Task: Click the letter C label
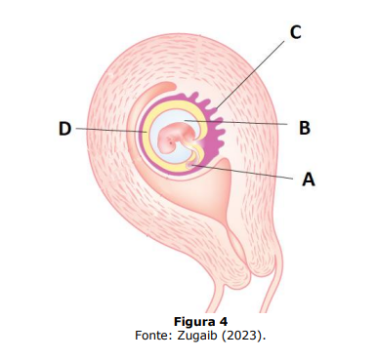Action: tap(295, 32)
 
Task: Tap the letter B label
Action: tap(305, 128)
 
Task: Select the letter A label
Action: tap(309, 180)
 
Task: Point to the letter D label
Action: tap(64, 129)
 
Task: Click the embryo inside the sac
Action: tap(177, 138)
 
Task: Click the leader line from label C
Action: tap(250, 74)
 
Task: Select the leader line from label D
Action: tap(111, 130)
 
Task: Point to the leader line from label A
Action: tap(242, 172)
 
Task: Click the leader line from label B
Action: tap(235, 122)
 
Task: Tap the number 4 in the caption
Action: tap(224, 322)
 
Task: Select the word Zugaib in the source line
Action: tap(198, 336)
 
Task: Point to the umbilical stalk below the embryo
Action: tap(194, 155)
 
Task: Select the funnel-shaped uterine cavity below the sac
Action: tap(208, 188)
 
